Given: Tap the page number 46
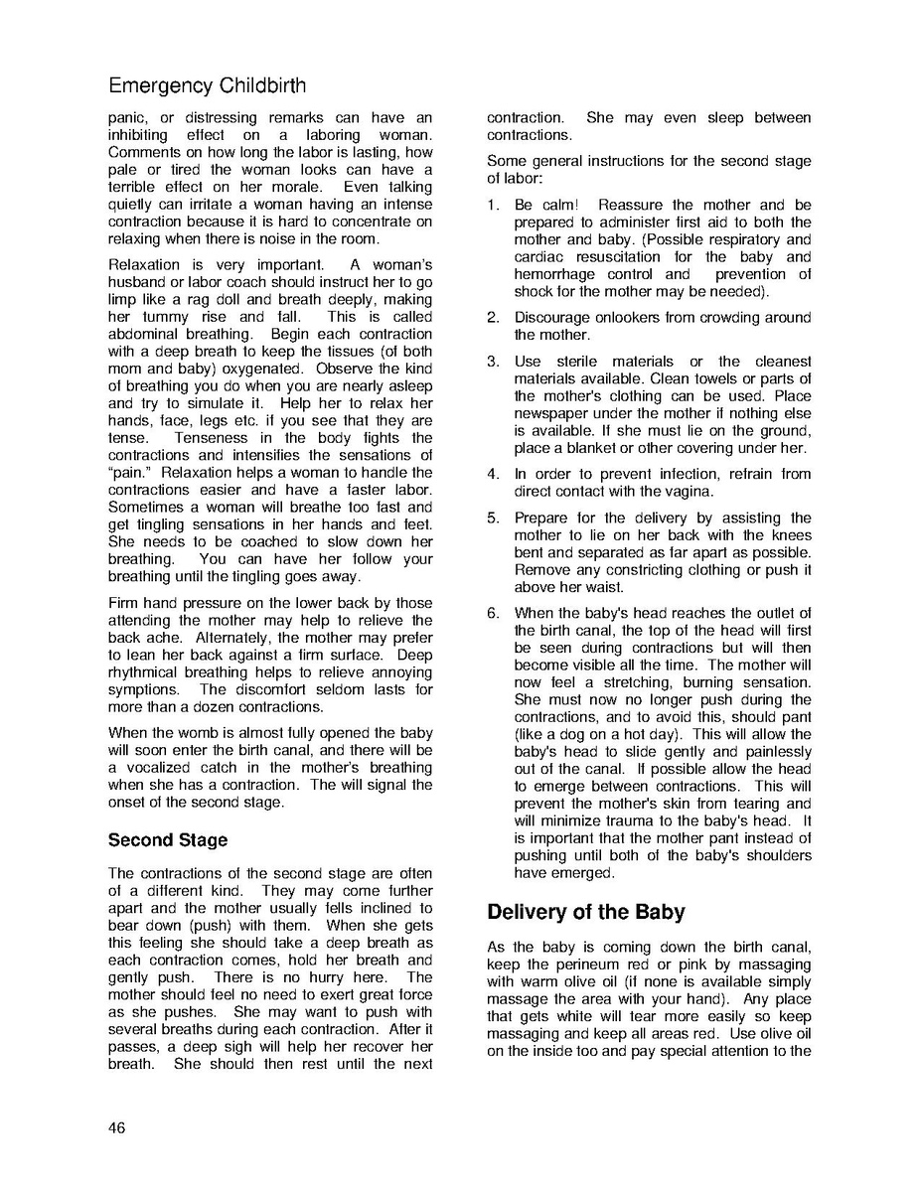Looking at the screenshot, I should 117,1127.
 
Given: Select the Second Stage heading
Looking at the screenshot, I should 168,840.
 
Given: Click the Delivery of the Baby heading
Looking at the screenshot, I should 585,912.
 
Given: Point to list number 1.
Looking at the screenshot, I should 493,205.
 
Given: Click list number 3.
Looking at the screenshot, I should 493,362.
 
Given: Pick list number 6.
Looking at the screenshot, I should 493,613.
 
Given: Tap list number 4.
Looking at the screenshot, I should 493,474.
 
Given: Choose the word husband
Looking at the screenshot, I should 138,282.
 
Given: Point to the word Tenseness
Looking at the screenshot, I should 211,438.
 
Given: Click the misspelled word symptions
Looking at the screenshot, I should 143,689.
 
